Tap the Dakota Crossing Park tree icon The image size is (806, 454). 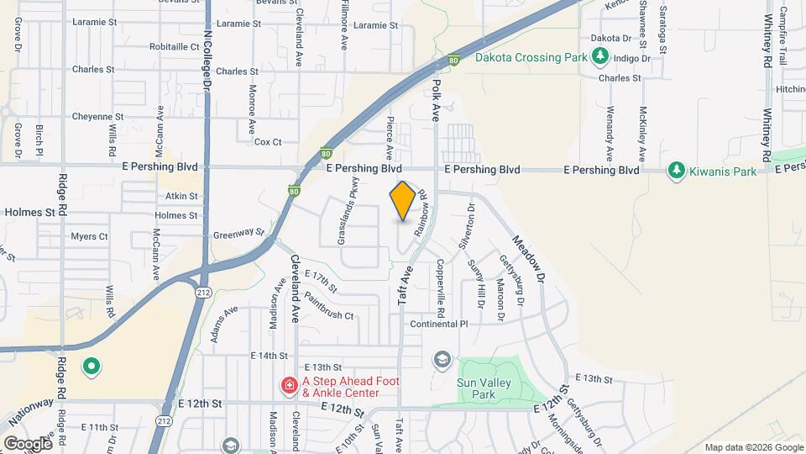point(599,56)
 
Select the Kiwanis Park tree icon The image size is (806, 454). point(676,171)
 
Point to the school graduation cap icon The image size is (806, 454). point(442,360)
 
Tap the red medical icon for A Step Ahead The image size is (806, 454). point(290,386)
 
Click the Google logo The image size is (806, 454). point(27,443)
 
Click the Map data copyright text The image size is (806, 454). point(752,447)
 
